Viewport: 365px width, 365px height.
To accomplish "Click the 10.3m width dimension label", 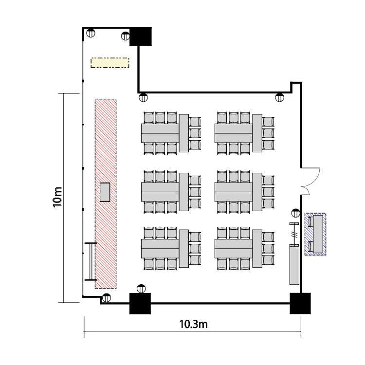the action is pyautogui.click(x=193, y=324).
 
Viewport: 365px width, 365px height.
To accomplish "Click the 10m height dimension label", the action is pyautogui.click(x=57, y=197).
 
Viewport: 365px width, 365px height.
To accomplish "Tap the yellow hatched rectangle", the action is pyautogui.click(x=110, y=63).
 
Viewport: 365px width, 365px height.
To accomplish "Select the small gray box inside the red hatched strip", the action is pyautogui.click(x=105, y=192).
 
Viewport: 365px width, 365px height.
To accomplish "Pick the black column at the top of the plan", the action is pyautogui.click(x=141, y=36).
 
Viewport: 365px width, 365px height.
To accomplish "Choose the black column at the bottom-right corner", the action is pyautogui.click(x=300, y=303).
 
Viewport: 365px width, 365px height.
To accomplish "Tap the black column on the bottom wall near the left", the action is pyautogui.click(x=140, y=303).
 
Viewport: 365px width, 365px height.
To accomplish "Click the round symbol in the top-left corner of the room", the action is pyautogui.click(x=91, y=33).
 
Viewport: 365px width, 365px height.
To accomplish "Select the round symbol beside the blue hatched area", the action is pyautogui.click(x=295, y=213).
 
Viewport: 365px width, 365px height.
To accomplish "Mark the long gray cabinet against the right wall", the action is pyautogui.click(x=294, y=264).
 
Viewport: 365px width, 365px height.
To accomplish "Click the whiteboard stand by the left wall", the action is pyautogui.click(x=91, y=261).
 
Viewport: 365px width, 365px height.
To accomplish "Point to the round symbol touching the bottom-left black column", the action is pyautogui.click(x=141, y=289).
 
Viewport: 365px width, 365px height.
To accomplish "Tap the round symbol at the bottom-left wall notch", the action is pyautogui.click(x=107, y=297).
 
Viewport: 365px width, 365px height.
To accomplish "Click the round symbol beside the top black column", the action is pyautogui.click(x=126, y=36).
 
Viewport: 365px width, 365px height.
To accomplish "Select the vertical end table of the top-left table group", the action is pyautogui.click(x=184, y=133).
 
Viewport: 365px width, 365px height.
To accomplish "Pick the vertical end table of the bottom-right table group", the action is pyautogui.click(x=257, y=249).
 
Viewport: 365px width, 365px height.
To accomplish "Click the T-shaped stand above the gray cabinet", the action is pyautogui.click(x=294, y=234).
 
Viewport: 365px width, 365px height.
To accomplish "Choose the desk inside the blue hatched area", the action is pyautogui.click(x=318, y=234).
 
